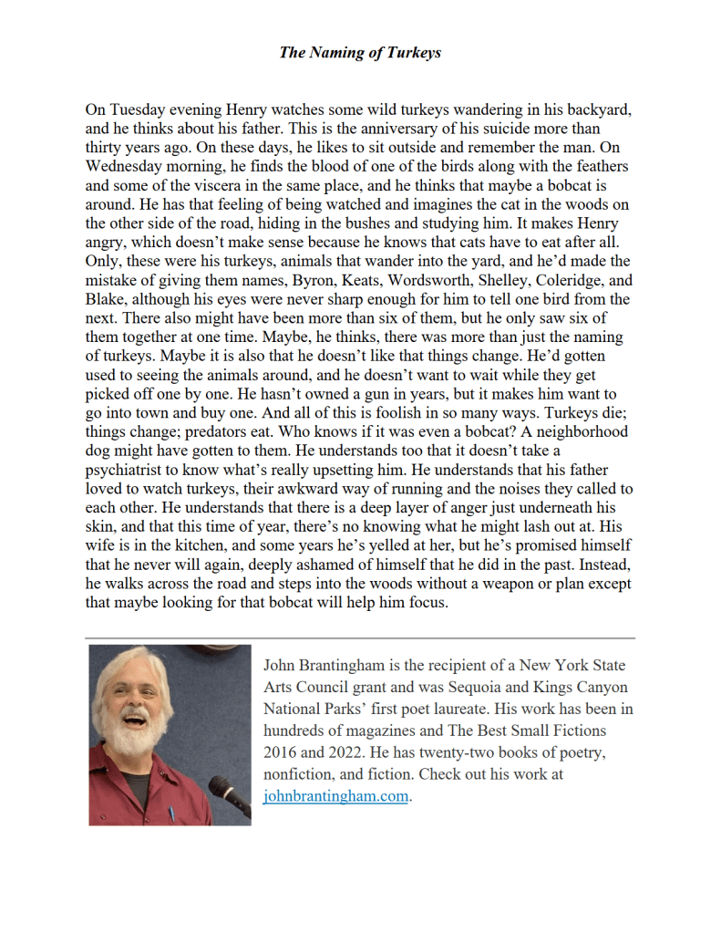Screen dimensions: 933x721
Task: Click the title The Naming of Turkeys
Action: point(360,52)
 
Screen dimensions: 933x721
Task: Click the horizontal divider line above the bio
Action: point(360,638)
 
